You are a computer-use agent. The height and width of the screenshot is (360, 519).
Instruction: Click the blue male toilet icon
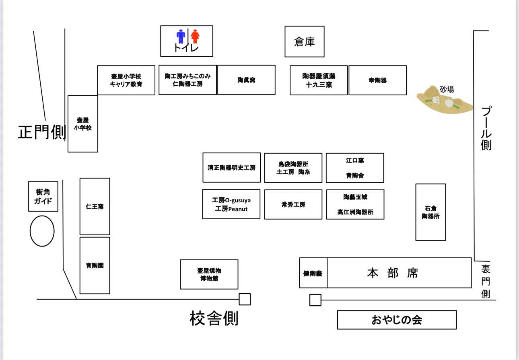click(181, 36)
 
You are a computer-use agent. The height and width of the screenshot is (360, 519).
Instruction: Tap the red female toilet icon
click(195, 36)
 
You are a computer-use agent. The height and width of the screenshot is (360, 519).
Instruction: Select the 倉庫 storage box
click(305, 41)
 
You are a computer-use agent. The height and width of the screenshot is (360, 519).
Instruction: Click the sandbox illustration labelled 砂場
click(445, 101)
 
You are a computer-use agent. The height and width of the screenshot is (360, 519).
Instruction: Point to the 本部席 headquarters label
click(393, 273)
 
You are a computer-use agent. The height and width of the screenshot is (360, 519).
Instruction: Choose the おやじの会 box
click(397, 320)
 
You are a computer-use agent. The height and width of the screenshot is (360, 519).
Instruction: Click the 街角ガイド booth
click(43, 196)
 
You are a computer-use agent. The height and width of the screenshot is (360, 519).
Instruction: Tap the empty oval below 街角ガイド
click(42, 231)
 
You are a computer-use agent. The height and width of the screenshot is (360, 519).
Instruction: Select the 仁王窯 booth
click(95, 206)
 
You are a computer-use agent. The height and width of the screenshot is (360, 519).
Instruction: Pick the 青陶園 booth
click(95, 265)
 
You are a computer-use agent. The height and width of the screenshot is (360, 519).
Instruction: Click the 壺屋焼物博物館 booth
click(209, 274)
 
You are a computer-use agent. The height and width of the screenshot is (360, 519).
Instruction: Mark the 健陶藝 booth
click(313, 273)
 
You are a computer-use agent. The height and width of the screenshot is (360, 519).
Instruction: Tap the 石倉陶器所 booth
click(430, 212)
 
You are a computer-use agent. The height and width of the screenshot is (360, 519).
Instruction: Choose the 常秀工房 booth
click(293, 204)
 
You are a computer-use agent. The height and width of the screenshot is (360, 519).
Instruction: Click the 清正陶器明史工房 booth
click(231, 167)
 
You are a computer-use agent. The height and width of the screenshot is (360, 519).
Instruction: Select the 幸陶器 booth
click(377, 80)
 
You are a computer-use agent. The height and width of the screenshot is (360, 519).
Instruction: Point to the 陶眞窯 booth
click(246, 80)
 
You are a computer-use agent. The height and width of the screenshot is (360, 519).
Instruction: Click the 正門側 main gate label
click(42, 132)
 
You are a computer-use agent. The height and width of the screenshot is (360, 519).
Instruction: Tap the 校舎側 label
click(214, 318)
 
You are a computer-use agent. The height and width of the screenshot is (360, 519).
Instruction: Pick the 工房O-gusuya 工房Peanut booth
click(231, 204)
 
